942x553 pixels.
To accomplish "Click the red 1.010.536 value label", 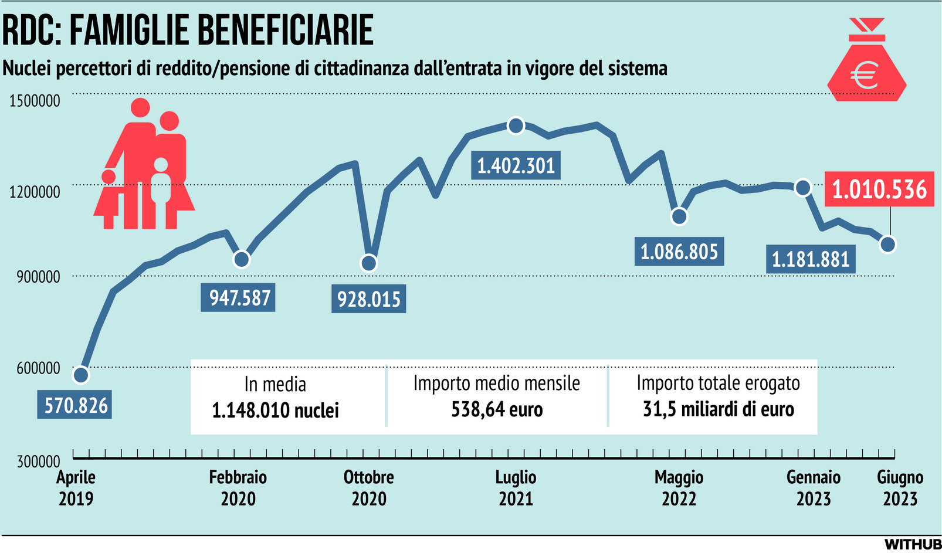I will point(879,189).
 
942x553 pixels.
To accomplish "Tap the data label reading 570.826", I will point(76,405).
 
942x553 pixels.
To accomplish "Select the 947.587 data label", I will point(239,297).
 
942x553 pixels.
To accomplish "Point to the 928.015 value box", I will point(368,299).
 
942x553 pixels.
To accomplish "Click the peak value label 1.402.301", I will point(516,166).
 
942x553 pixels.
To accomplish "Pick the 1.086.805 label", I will point(679,252).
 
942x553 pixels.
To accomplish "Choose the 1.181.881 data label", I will point(810,259).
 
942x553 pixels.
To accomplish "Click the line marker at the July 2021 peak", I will point(516,125).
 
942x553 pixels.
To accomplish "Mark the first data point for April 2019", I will point(81,375).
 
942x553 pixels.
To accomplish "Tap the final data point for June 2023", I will point(888,244).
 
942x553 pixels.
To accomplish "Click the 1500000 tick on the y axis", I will point(35,101).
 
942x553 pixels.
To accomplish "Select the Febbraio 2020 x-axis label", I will point(238,488).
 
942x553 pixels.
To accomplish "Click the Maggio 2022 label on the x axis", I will point(679,488).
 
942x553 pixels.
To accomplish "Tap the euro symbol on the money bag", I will point(866,75).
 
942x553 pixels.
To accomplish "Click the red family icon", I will point(144,167).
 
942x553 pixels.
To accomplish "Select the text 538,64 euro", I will point(497,409).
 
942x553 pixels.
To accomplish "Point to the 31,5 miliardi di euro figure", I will point(718,409).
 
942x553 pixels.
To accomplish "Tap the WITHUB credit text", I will point(912,544).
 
